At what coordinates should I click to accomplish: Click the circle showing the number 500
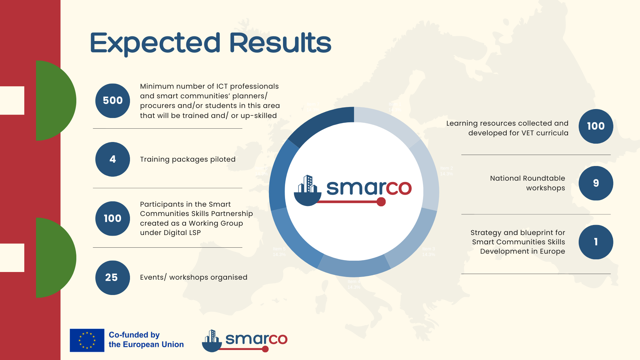(x=113, y=100)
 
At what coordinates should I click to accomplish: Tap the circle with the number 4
(x=113, y=159)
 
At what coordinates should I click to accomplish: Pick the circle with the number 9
(x=596, y=183)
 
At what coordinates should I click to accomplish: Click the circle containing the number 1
(x=596, y=242)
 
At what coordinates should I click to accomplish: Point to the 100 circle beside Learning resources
(x=596, y=126)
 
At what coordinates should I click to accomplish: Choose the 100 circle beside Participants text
(x=113, y=218)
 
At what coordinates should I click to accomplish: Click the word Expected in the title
(x=155, y=43)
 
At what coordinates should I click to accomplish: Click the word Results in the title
(x=280, y=43)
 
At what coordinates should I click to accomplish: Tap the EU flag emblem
(x=87, y=340)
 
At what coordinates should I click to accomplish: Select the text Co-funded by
(x=134, y=335)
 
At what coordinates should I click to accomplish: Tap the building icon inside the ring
(x=307, y=190)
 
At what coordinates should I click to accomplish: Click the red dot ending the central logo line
(x=381, y=202)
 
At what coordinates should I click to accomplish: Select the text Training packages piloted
(x=188, y=159)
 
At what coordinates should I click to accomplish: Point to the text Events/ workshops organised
(x=193, y=277)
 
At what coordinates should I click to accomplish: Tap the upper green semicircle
(x=55, y=100)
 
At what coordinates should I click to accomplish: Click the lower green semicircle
(x=55, y=258)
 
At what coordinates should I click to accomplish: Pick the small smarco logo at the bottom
(x=245, y=341)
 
